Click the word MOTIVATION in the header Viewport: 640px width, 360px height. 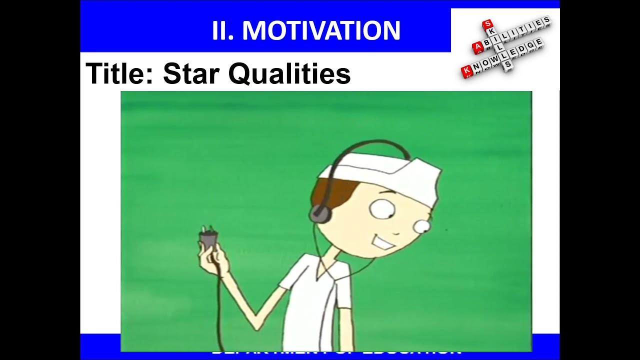point(321,31)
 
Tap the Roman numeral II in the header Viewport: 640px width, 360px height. point(222,31)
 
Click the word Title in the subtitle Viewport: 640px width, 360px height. point(120,73)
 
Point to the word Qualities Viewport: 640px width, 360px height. point(289,73)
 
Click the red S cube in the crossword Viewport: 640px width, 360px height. point(487,25)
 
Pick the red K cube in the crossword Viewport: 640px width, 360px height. point(467,71)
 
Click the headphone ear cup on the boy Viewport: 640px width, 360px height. point(320,213)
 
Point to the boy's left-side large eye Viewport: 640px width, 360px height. point(382,209)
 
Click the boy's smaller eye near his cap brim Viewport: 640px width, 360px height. point(421,227)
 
